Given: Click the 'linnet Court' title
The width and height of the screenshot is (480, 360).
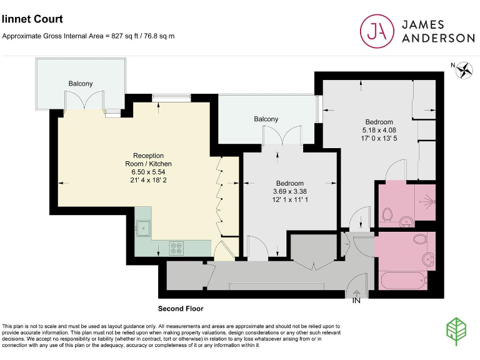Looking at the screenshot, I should (x=32, y=19).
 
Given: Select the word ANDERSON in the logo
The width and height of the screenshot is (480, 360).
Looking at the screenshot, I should (x=437, y=38).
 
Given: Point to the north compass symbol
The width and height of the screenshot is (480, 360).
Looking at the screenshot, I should (x=464, y=71).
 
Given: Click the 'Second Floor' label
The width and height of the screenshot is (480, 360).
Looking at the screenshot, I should (x=181, y=309).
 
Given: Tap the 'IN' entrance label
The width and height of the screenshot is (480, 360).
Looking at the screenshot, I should (x=356, y=301).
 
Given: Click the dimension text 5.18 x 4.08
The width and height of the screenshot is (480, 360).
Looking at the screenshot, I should (x=379, y=131).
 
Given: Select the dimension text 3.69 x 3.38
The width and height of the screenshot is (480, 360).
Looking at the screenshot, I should (x=289, y=191).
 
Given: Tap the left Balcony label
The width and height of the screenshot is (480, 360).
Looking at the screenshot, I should (x=81, y=84).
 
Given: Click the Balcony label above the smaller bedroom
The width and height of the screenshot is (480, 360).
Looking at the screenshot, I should (x=266, y=119).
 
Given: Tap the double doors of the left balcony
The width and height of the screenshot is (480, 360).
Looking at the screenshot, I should (x=84, y=100).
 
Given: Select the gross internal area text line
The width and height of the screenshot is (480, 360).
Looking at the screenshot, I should (x=88, y=36).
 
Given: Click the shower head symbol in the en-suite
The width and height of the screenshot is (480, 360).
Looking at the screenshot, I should (x=427, y=201).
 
